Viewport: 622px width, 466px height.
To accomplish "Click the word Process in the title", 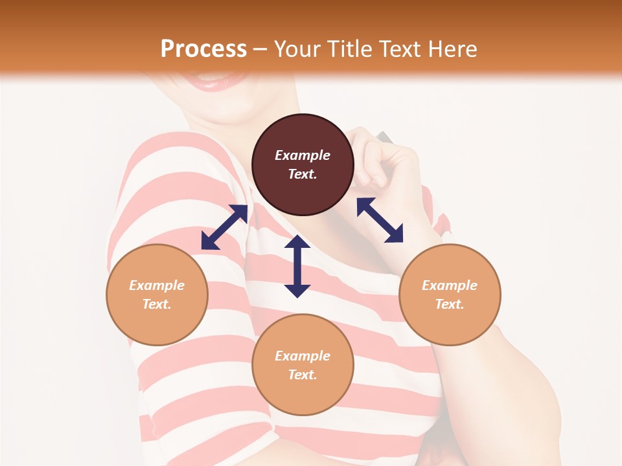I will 203,49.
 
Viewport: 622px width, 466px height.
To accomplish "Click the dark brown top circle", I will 303,164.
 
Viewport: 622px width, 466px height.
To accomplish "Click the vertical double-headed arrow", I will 297,266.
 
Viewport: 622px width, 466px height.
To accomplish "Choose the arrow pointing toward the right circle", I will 380,220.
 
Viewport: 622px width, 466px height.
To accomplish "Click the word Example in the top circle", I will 303,155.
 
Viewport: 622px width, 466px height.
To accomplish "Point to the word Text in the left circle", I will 157,304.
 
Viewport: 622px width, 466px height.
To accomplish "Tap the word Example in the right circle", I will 450,285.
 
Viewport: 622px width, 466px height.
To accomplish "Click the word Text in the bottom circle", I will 303,375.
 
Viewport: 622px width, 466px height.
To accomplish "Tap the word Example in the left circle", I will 157,285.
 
